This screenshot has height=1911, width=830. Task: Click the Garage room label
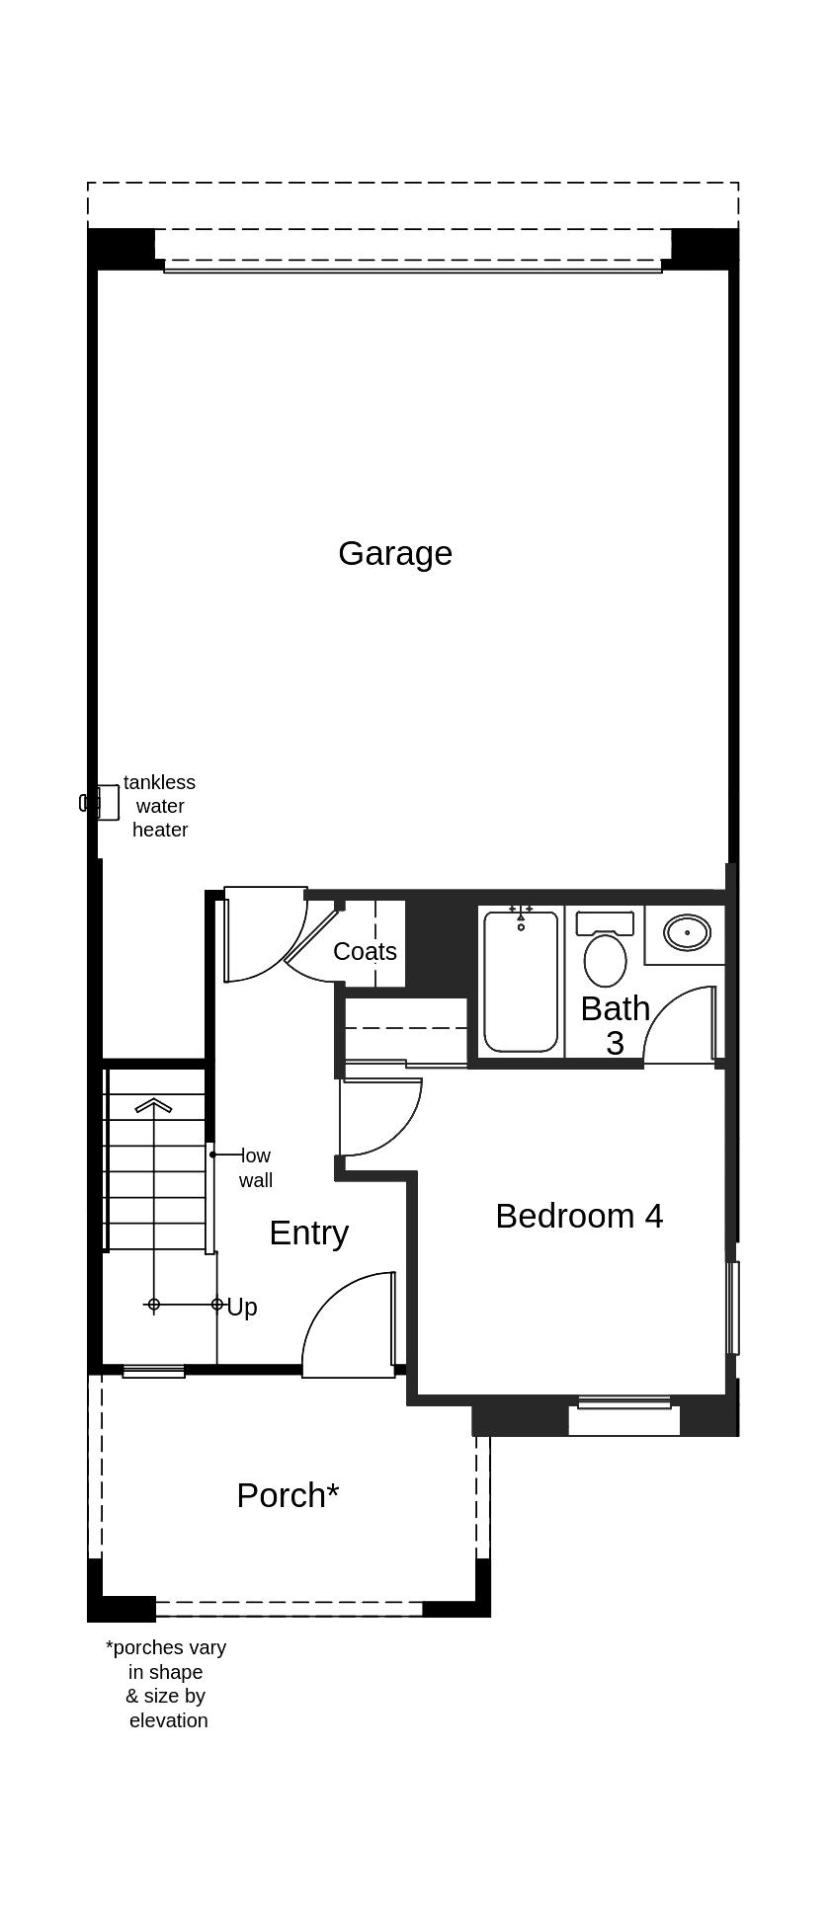pos(395,553)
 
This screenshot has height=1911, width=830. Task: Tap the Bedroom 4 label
pos(579,1216)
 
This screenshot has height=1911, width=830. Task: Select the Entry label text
pos(308,1233)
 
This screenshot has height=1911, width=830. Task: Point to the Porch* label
pos(288,1495)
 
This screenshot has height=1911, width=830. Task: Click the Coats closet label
pos(365,951)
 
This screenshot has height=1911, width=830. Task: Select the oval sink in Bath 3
pos(687,932)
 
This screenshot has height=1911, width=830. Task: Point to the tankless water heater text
pos(160,806)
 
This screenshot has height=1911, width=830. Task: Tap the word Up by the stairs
pos(242,1308)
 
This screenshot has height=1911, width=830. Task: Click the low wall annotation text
pos(255,1167)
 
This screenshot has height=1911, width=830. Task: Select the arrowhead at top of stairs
pos(153,1105)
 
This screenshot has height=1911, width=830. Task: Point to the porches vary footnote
pos(166,1684)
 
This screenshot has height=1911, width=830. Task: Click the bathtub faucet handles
pos(521,910)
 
